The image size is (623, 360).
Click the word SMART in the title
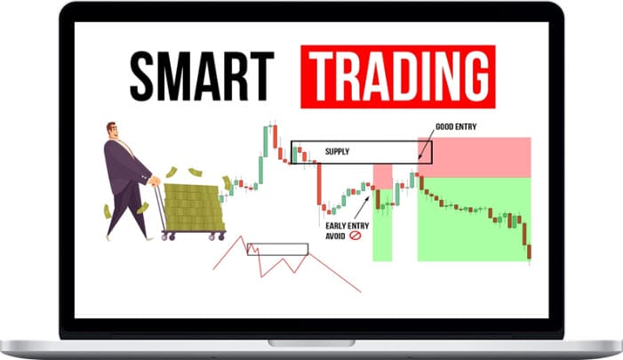202,76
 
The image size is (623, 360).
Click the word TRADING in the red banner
398,76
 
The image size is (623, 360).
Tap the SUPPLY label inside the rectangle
337,151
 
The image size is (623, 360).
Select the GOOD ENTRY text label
456,127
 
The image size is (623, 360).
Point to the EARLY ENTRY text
347,226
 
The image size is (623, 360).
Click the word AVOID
335,236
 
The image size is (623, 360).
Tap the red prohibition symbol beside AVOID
355,236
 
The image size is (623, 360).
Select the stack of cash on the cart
194,207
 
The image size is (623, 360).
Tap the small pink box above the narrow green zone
383,177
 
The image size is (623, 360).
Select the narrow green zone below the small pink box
383,225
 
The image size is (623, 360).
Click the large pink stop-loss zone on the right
475,157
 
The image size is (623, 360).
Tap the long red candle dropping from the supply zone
319,184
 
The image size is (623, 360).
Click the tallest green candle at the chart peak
266,142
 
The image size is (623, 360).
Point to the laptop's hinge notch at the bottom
311,342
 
